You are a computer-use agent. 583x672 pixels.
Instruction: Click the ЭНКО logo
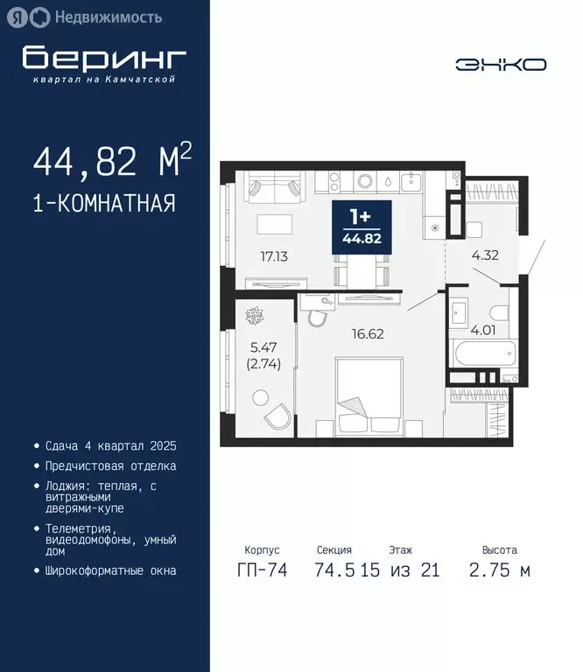tap(501, 64)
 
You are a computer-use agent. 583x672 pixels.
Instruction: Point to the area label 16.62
tap(367, 333)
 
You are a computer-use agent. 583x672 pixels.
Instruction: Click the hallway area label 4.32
tap(484, 256)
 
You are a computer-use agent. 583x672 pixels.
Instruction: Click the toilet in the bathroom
tap(499, 313)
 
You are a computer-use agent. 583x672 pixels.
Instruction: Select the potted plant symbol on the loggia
tap(259, 313)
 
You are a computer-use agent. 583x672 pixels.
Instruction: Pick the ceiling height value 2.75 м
tap(500, 571)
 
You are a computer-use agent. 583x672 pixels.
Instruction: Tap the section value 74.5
tap(334, 571)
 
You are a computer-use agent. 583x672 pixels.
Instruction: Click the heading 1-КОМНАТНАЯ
tap(104, 204)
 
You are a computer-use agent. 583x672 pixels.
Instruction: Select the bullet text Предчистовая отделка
tap(110, 466)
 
